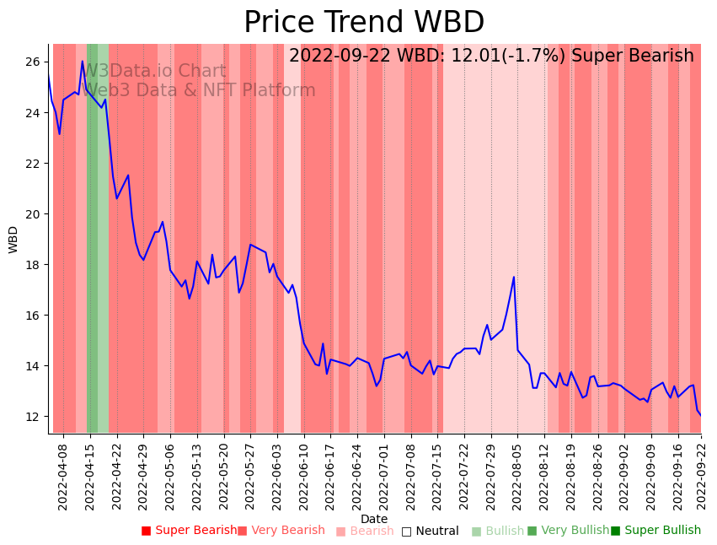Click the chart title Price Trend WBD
pos(364,23)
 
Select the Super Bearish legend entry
pos(189,531)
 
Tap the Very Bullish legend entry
pos(568,531)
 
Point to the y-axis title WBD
pos(13,240)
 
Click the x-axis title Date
pos(374,520)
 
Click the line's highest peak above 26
pos(83,61)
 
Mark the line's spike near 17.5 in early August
pos(514,277)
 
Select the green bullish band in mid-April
pos(97,236)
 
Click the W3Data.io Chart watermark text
pos(154,72)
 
